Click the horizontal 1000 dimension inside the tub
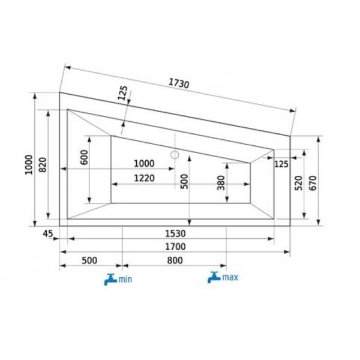tap(143, 163)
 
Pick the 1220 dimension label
tap(145, 178)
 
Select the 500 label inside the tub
tap(184, 182)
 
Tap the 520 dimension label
tap(299, 184)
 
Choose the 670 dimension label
tap(313, 182)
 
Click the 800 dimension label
tap(175, 260)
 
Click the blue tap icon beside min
tap(110, 279)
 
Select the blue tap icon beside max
tap(214, 277)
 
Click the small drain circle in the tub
tap(175, 155)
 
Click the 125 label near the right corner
tap(281, 164)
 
